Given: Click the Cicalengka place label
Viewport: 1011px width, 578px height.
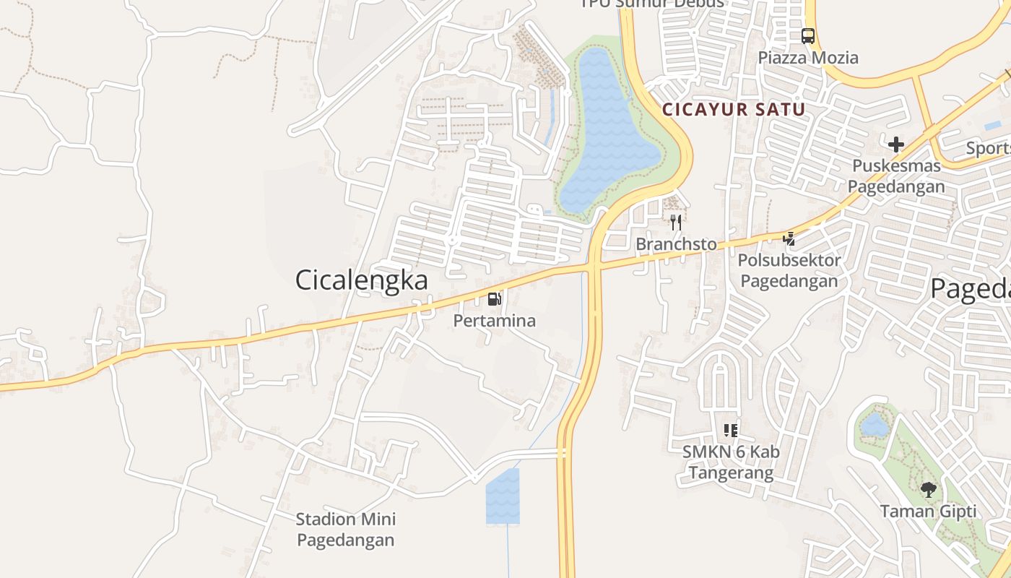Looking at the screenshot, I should point(361,280).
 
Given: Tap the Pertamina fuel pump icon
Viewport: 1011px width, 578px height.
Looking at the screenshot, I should point(495,298).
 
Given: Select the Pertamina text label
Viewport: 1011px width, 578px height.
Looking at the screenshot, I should point(495,320).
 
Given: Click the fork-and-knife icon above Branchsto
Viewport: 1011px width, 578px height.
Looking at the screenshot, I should point(676,222).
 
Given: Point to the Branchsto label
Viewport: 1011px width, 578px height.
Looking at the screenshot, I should point(676,244).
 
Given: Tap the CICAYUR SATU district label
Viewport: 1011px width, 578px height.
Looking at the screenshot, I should point(734,110).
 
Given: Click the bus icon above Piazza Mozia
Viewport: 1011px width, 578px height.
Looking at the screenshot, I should point(808,35).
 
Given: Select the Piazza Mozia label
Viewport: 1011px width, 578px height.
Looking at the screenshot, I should point(808,57).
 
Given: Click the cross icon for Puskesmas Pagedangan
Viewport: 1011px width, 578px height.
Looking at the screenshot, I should point(896,144).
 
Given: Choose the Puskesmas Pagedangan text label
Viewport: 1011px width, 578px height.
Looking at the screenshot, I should point(896,176).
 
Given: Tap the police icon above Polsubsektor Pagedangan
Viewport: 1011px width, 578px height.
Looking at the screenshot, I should point(790,238).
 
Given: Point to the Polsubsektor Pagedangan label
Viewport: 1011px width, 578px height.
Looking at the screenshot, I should point(790,270).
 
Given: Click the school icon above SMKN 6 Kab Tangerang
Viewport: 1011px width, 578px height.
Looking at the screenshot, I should point(731,431).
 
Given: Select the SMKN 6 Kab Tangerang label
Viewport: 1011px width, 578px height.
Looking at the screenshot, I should point(731,462).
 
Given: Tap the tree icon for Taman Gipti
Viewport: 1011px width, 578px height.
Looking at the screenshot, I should point(929,490).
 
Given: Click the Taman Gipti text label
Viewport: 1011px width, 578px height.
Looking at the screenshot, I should point(929,512).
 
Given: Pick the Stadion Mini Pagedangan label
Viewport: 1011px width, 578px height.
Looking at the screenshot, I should point(346,529).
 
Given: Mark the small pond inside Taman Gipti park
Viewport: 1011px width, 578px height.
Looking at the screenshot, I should point(875,425).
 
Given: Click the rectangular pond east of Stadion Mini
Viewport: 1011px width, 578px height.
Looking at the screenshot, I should point(503,496).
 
